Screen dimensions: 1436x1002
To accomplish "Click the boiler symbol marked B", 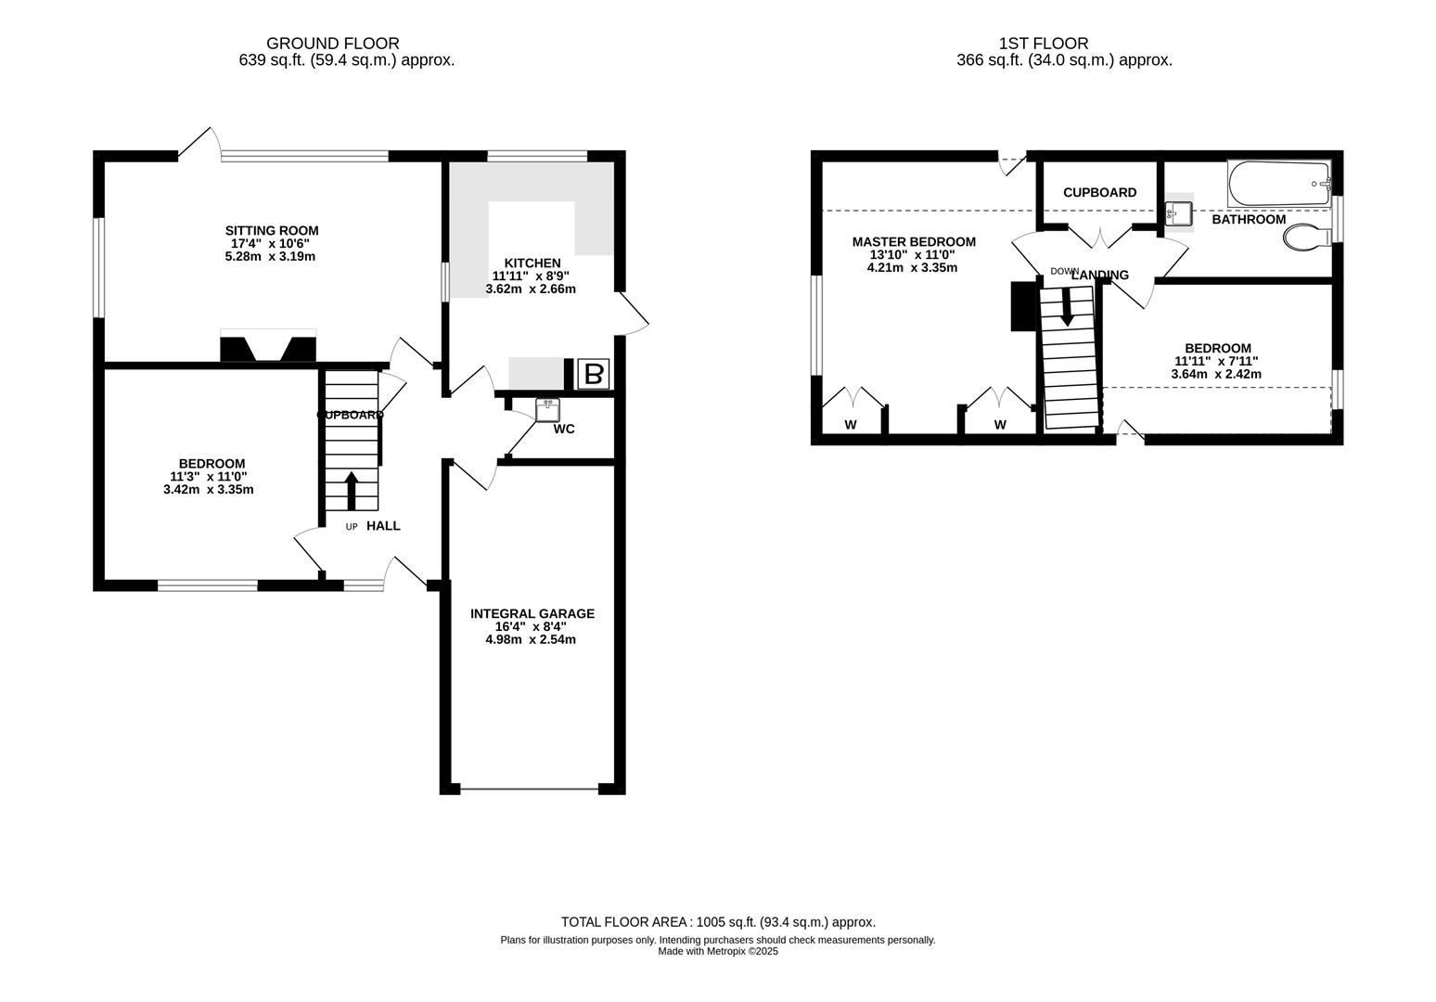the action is point(593,375).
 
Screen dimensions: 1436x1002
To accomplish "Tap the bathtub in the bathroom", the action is point(1279,184).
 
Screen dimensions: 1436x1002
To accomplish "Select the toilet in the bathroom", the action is point(1307,236).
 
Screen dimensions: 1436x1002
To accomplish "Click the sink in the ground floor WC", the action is point(547,409).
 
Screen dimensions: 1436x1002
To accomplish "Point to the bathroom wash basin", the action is point(1179,212).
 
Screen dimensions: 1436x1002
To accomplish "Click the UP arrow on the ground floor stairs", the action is point(352,491).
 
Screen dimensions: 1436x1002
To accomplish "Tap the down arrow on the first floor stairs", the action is point(1067,307).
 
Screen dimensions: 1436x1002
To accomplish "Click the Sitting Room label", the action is point(272,230).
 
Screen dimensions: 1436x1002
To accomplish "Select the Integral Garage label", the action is point(532,613).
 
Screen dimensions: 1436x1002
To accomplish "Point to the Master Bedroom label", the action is point(914,241).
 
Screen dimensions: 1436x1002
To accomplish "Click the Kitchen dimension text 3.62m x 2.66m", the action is point(531,289).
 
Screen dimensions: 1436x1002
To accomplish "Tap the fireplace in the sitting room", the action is point(268,346).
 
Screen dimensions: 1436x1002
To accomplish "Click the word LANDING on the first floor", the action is point(1099,275).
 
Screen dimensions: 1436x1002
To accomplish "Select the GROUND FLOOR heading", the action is point(333,44).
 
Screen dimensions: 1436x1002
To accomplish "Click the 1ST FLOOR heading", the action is point(1044,44).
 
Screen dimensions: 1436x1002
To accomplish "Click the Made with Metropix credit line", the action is point(718,951).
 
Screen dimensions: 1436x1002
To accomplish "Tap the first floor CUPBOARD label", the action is point(1099,192).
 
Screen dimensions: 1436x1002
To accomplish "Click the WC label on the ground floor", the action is point(564,429).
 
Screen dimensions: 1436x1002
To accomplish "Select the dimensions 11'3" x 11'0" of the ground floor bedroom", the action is point(209,476).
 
